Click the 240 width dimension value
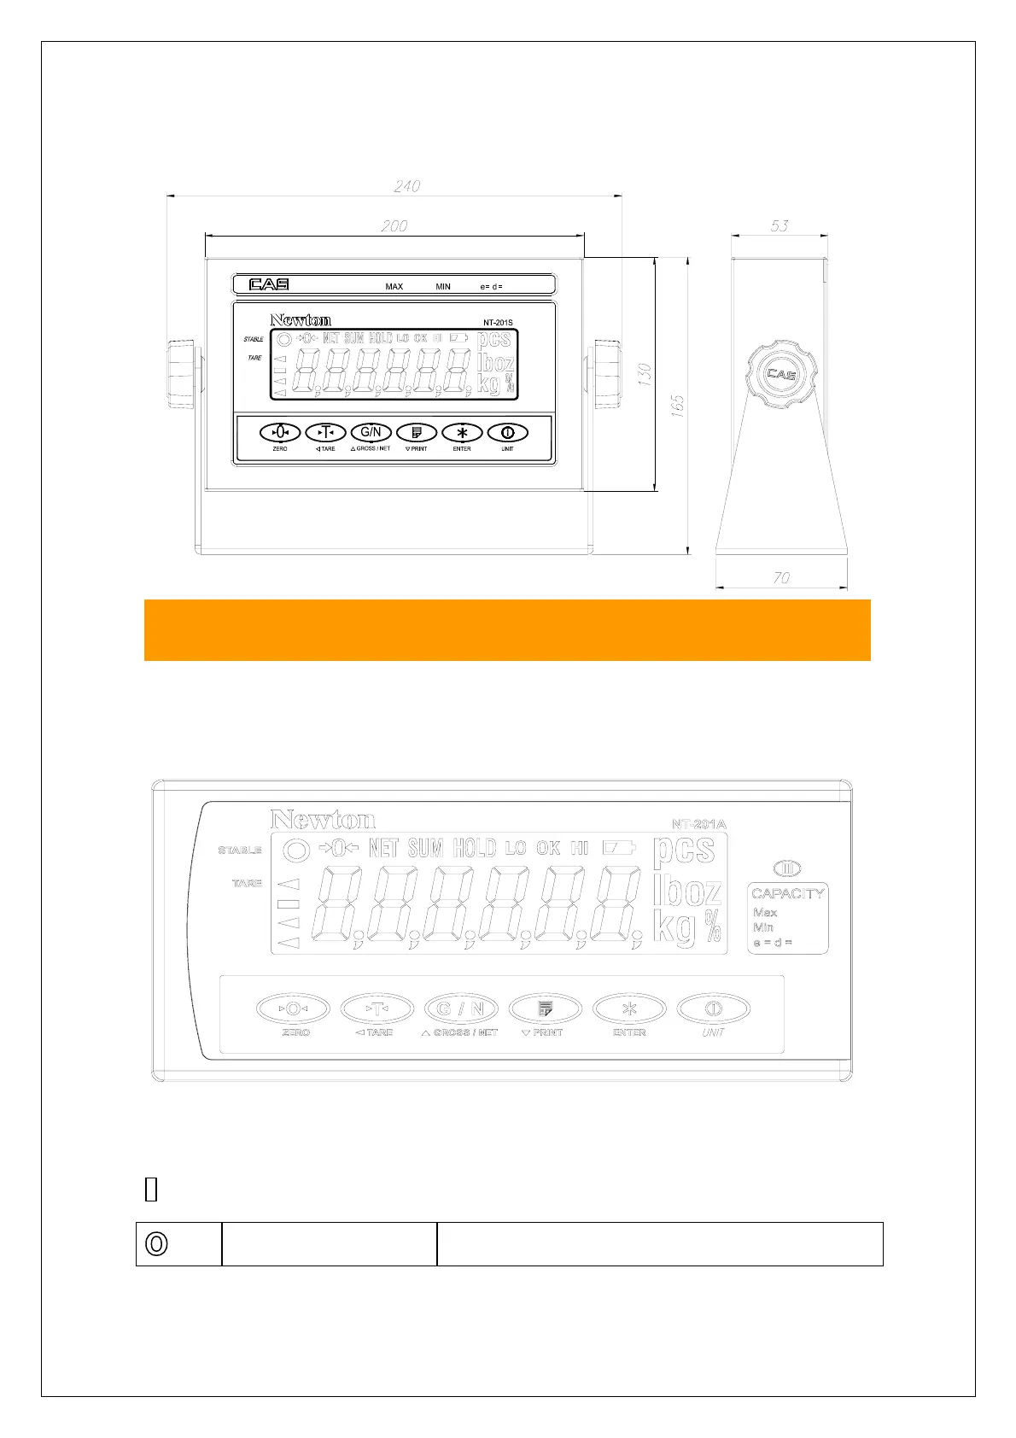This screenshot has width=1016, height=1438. coord(407,185)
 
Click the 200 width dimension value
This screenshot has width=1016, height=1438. coord(394,225)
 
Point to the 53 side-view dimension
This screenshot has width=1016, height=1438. coord(780,225)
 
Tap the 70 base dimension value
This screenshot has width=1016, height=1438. coord(781,578)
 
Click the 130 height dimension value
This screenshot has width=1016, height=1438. coord(645,375)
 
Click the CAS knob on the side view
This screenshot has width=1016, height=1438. coord(781,374)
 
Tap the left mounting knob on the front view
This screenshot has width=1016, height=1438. coord(182,375)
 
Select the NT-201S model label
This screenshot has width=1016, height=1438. coord(498,323)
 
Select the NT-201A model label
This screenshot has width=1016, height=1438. coord(698,824)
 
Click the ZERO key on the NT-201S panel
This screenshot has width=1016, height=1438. coord(280,432)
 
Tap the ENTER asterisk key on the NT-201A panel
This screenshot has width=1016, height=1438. coord(629,1008)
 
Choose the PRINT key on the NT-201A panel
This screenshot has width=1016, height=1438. coord(546,1008)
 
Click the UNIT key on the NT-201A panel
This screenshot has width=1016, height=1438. coord(713,1008)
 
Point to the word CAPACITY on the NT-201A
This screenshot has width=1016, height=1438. coord(788,893)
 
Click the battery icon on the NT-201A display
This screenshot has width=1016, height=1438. coord(620,848)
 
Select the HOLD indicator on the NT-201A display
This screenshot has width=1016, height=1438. coord(475,848)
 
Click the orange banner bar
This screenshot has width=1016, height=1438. coord(507,630)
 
